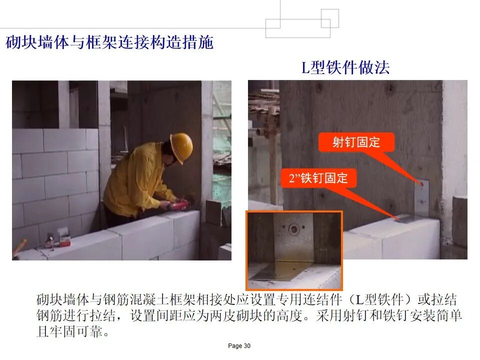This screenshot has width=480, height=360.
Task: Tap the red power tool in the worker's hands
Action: point(177,205)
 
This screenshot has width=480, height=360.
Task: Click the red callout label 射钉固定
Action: point(356,142)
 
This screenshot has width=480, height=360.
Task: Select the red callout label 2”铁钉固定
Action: point(318,178)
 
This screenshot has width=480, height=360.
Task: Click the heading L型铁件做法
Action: point(345,67)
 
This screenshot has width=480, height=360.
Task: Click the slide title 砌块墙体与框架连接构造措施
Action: point(109,42)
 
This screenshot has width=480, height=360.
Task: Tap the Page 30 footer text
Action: point(239,346)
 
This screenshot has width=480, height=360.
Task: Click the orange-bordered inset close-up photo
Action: point(294,250)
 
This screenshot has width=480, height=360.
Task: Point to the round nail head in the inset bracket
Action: point(294,228)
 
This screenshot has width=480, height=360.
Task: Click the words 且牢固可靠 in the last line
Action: point(69,331)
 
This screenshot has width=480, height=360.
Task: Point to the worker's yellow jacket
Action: point(138,180)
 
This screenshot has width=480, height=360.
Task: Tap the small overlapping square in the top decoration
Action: point(329,18)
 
